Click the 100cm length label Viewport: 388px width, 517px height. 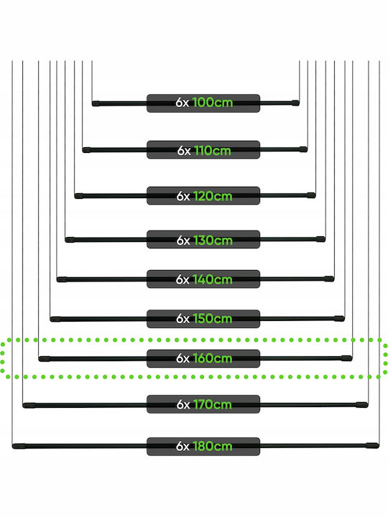point(213,103)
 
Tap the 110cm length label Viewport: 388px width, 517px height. point(213,151)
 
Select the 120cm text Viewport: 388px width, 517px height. point(213,196)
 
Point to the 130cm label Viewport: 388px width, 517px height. point(213,241)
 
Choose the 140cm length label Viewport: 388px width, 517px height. point(213,279)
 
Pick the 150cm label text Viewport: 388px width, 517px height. point(213,319)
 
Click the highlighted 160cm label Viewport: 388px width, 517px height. point(213,358)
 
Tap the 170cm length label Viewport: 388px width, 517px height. point(212,404)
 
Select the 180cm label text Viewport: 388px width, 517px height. point(213,447)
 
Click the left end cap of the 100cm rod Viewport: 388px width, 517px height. point(96,103)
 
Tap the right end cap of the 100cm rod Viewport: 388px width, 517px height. point(295,103)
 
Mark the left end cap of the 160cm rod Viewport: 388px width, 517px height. point(45,359)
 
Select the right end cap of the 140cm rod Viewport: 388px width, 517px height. point(329,279)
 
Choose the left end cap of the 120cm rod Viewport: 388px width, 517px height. point(79,196)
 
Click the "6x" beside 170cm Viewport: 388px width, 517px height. point(183,404)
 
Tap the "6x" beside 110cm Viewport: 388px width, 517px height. point(184,151)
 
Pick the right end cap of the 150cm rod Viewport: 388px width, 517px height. point(339,319)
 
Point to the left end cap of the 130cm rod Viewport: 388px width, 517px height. point(70,240)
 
